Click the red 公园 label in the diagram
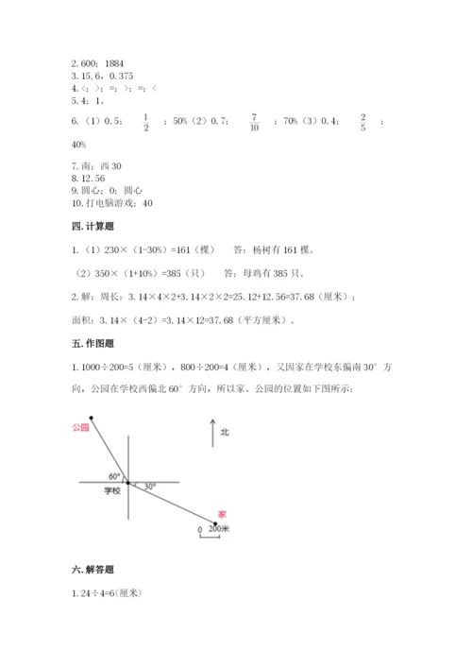point(79,428)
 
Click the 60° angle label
point(114,474)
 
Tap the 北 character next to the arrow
point(225,432)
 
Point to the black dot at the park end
point(92,417)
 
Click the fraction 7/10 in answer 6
point(254,121)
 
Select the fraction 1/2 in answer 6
point(145,121)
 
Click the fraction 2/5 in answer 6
point(362,121)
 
